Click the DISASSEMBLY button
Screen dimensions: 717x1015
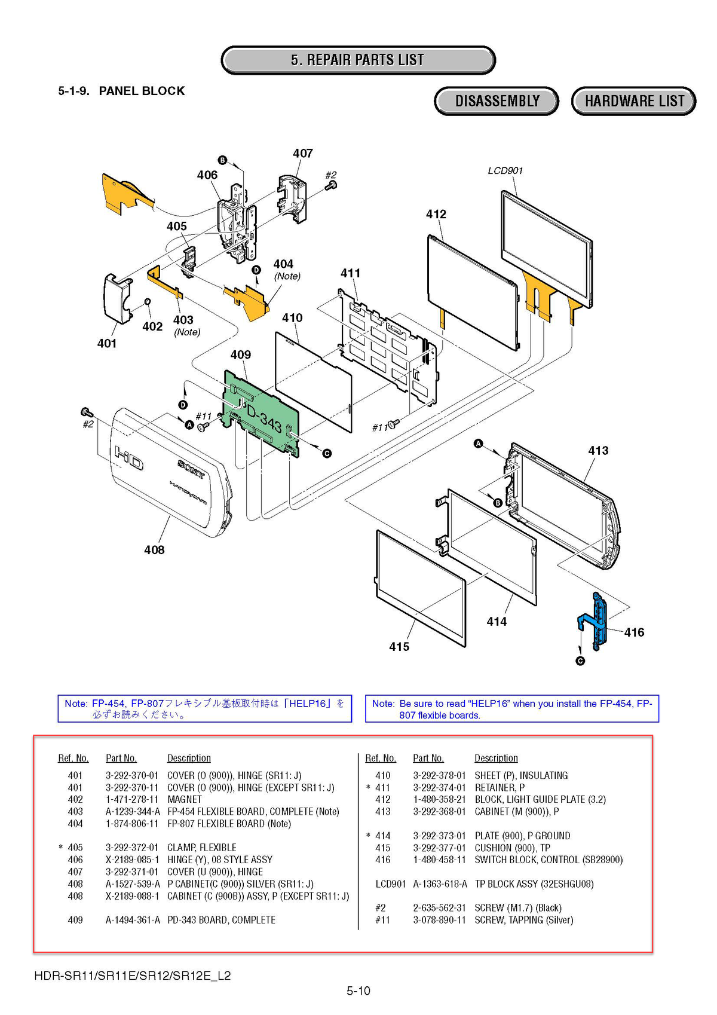coord(497,100)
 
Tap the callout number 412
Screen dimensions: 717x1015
coord(436,214)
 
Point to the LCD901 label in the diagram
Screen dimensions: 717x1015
coord(505,170)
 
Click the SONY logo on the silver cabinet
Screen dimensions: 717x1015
coord(191,469)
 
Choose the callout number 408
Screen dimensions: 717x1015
coord(154,549)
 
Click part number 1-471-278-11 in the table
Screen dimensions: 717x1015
coord(132,799)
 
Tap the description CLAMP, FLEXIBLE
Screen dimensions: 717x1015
coord(201,848)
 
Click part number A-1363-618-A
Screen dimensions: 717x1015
coord(440,883)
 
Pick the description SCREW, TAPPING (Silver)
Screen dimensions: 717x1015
coord(523,920)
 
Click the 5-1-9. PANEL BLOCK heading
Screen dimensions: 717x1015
coord(121,91)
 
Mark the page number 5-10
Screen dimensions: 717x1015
coord(358,991)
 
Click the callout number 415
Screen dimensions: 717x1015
coord(399,647)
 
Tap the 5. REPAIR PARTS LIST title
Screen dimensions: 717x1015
coord(358,60)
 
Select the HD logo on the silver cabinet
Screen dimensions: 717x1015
coord(128,458)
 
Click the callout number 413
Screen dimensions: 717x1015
coord(598,450)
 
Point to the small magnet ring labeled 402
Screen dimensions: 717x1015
coord(147,302)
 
